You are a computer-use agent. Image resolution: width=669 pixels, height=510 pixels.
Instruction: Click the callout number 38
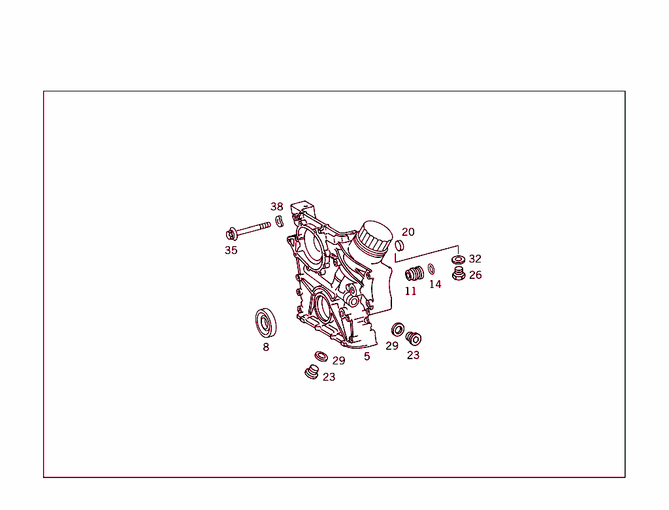click(x=276, y=207)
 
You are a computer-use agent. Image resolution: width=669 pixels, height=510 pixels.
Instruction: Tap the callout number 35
click(x=231, y=250)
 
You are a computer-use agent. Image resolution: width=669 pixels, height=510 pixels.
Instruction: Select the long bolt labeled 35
click(x=248, y=231)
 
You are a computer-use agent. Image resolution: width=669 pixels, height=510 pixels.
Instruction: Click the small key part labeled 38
click(x=280, y=221)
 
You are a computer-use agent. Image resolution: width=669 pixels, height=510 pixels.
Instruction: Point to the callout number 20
click(x=408, y=232)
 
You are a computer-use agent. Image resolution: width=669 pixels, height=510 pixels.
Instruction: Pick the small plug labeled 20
click(x=399, y=246)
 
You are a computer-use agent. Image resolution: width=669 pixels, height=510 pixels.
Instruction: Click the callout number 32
click(x=475, y=259)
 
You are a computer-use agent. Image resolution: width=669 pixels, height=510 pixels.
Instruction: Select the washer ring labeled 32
click(x=459, y=259)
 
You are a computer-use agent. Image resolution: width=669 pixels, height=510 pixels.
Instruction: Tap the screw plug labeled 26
click(x=459, y=274)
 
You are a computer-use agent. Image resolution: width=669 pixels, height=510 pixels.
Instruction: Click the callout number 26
click(x=476, y=275)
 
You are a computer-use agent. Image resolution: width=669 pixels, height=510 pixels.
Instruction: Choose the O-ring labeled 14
click(x=431, y=269)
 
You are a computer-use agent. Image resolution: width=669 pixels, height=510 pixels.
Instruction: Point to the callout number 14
click(x=435, y=285)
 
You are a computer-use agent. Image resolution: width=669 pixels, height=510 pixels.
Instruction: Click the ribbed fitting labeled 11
click(x=414, y=274)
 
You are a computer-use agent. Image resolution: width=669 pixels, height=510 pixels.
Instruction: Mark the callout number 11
click(x=410, y=291)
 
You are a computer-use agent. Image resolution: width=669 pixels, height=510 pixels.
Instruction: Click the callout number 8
click(x=266, y=347)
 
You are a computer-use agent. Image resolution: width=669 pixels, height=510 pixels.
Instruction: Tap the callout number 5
click(x=367, y=357)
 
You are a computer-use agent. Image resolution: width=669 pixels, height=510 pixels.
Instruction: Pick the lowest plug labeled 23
click(x=312, y=372)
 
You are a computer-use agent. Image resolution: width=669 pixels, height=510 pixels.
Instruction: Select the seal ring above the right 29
click(x=398, y=329)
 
